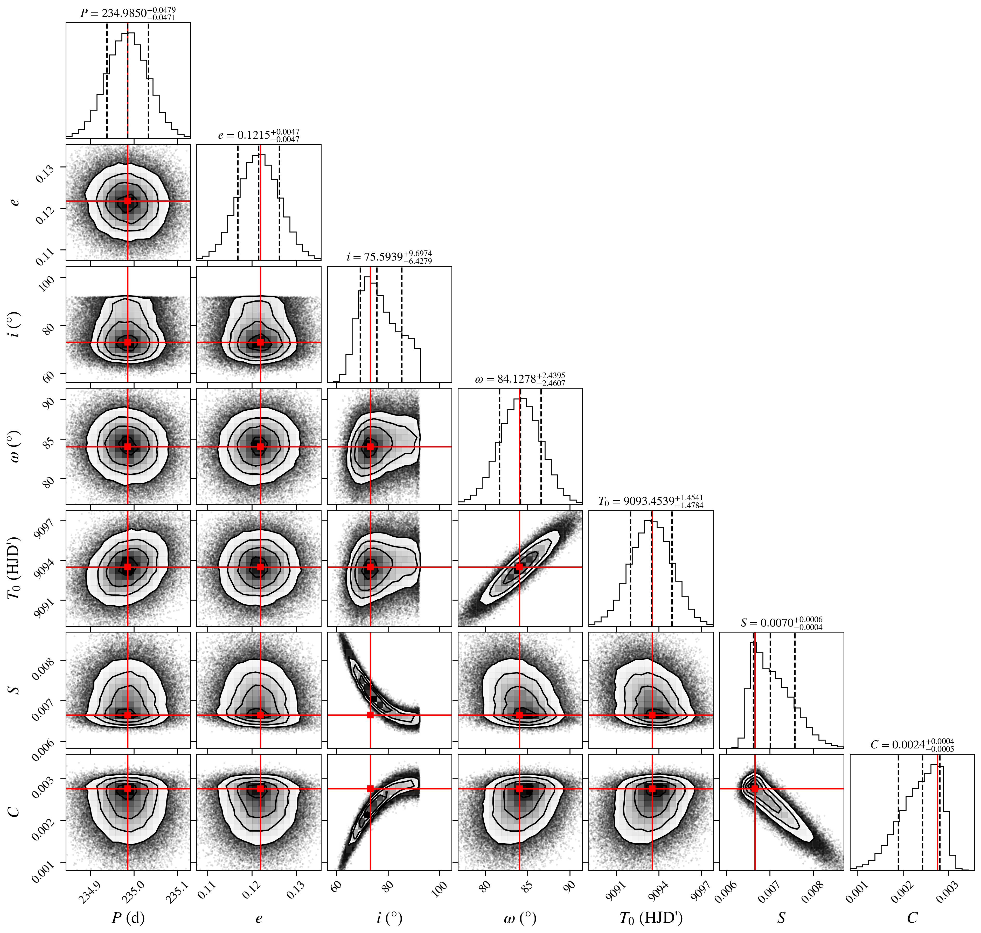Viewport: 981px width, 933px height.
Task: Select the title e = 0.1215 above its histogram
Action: (x=259, y=135)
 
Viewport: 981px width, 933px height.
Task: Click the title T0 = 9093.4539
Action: (x=651, y=501)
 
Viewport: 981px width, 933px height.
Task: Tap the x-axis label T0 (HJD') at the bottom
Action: (x=651, y=918)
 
